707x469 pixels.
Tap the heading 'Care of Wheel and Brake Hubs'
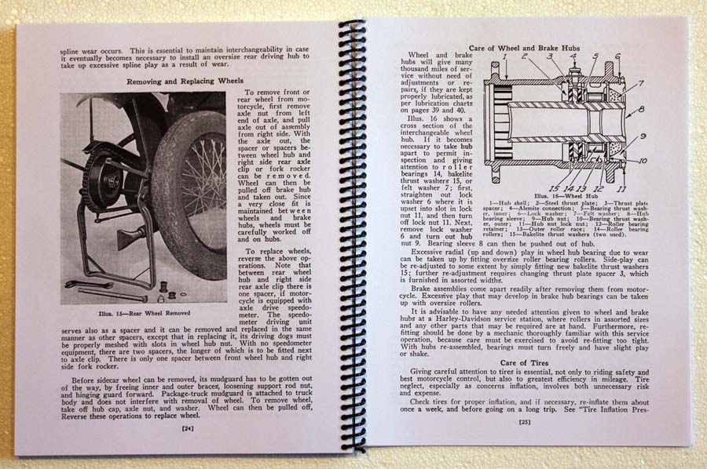535,48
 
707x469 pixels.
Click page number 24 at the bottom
187,428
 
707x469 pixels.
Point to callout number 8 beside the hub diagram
641,109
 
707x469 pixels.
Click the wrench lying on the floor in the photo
90,284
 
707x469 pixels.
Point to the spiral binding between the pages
350,235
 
